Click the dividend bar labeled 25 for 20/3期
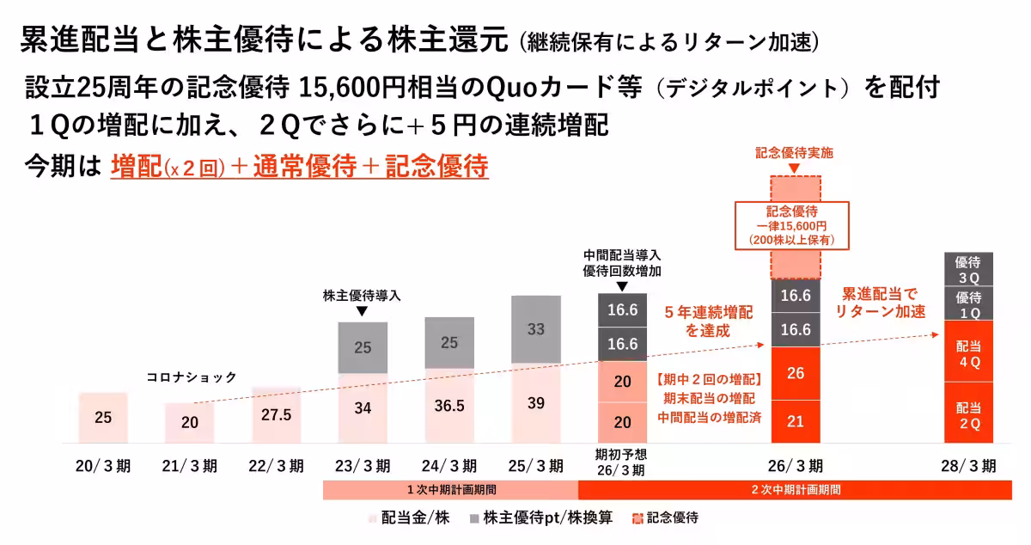[103, 418]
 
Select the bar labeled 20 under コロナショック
[189, 422]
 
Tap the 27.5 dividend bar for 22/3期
[276, 414]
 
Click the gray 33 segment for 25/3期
[535, 329]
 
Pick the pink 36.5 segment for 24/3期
[448, 406]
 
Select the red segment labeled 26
[796, 373]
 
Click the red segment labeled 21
[796, 421]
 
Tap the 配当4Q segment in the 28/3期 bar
[968, 353]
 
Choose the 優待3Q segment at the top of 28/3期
[968, 270]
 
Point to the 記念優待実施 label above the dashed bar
[795, 153]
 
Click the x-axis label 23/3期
[362, 467]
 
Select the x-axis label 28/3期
[968, 467]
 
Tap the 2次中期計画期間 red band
[796, 489]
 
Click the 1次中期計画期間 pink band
[450, 489]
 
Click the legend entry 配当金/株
[409, 518]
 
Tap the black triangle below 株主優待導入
[362, 311]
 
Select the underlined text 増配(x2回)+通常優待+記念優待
[299, 166]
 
